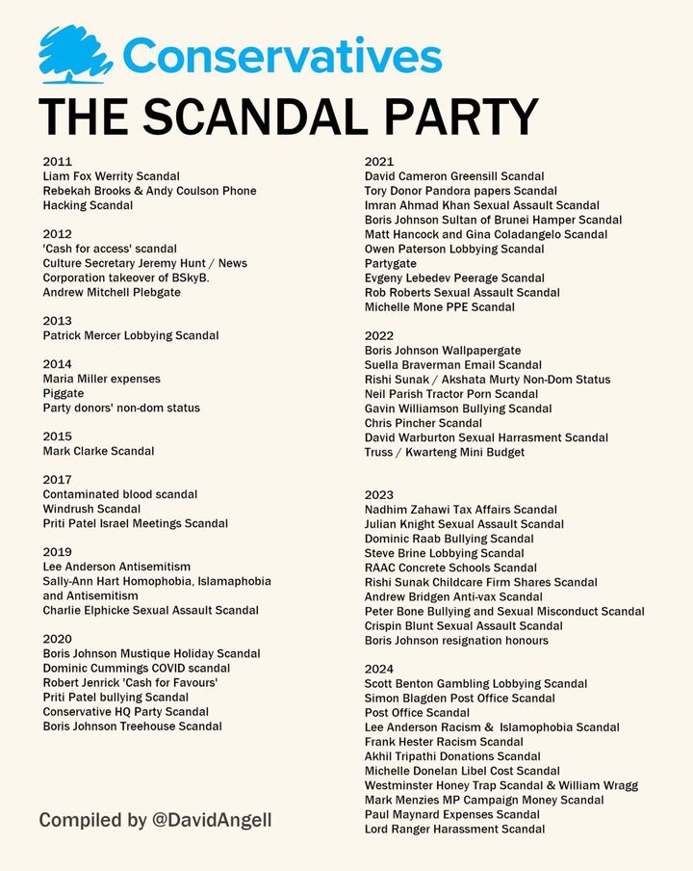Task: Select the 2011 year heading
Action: click(58, 162)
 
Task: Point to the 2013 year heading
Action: click(58, 321)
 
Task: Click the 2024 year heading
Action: click(379, 669)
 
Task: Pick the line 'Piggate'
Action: click(64, 393)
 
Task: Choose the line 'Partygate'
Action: click(391, 263)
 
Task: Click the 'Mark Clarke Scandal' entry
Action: click(98, 451)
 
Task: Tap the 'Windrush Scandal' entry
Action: click(91, 509)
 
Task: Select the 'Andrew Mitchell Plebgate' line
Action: click(112, 292)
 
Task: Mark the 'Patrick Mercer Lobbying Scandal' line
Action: click(131, 335)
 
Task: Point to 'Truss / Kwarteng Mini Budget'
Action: click(445, 452)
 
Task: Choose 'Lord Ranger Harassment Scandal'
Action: click(454, 829)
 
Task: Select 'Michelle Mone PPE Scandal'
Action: click(439, 306)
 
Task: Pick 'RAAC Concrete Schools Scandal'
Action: click(450, 567)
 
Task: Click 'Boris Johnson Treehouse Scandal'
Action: click(132, 726)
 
